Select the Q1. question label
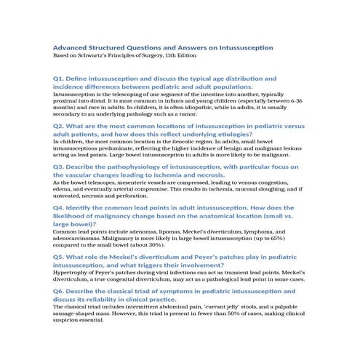60,77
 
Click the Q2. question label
60,125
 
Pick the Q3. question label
60,165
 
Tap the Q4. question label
60,207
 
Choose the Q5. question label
60,257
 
